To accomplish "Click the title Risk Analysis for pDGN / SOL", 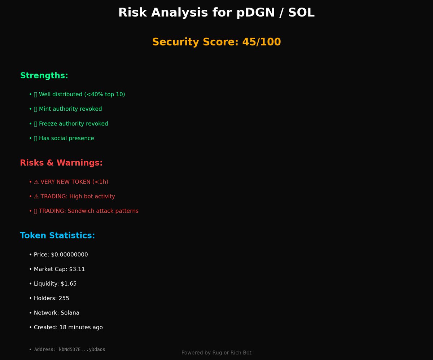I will click(x=216, y=13).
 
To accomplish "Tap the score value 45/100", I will click(x=261, y=42).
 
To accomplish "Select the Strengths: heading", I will click(x=44, y=76).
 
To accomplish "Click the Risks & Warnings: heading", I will click(x=61, y=163).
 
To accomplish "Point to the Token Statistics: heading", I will click(x=57, y=236).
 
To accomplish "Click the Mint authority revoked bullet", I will click(x=70, y=109).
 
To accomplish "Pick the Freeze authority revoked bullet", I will click(x=73, y=124).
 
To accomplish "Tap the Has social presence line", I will click(x=66, y=138).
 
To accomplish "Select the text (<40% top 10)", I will click(x=105, y=95).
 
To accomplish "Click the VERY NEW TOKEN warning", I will click(x=74, y=182).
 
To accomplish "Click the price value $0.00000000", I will click(x=69, y=255).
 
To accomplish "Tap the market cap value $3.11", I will click(x=77, y=269).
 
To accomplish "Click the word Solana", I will click(x=70, y=313).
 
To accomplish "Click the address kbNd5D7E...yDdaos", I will click(x=82, y=350).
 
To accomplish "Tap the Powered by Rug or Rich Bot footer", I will click(x=216, y=353).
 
